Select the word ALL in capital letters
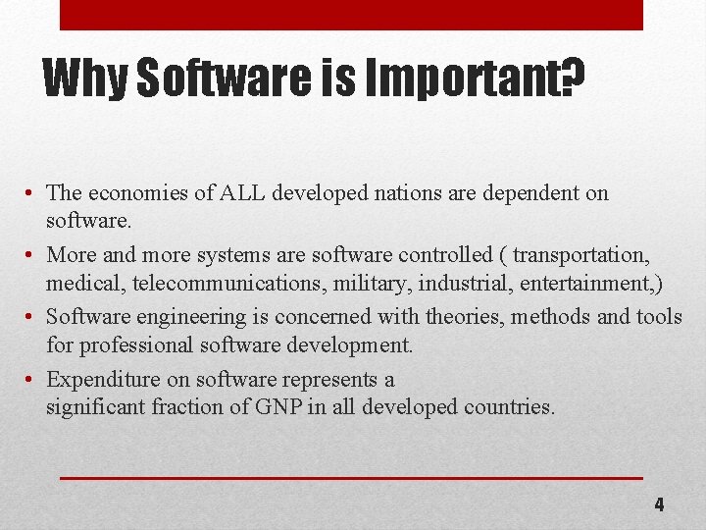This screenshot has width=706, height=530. point(241,193)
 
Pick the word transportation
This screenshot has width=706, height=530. point(580,255)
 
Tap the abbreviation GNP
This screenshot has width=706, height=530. point(285,407)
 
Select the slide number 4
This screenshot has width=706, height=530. point(659,505)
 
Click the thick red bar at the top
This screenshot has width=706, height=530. point(351,15)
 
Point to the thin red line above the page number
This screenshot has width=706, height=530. point(351,478)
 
